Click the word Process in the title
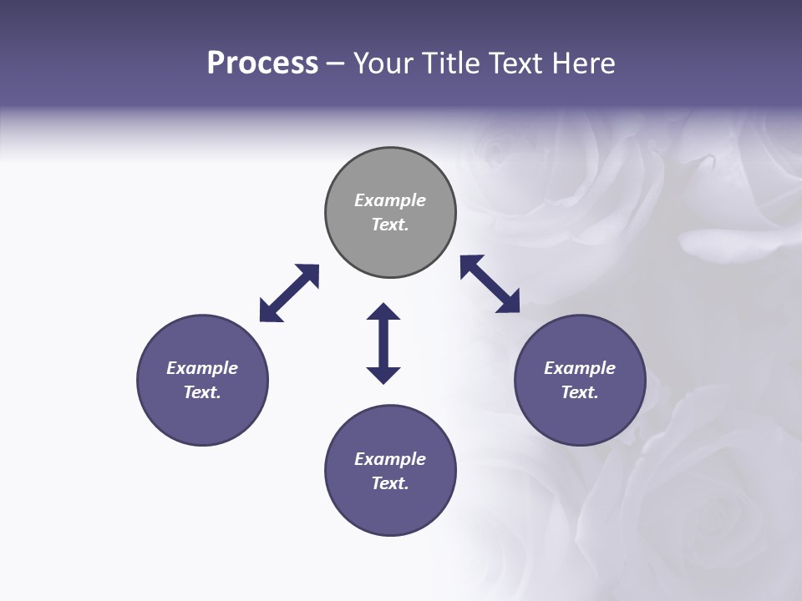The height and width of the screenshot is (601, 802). point(262,63)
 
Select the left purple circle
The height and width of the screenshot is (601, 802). point(202,417)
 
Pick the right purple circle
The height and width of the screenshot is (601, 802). point(580,417)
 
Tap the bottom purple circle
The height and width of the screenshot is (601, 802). point(390,509)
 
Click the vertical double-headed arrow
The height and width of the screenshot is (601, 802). point(383,343)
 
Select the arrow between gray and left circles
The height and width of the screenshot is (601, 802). point(289,293)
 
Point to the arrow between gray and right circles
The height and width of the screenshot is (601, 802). point(490,284)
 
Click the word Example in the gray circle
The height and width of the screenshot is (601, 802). point(390,200)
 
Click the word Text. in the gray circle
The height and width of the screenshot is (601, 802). point(390,225)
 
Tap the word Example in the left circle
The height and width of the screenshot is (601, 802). point(202,368)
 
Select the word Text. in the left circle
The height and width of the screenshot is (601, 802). point(202,392)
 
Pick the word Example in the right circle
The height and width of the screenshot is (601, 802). point(580,368)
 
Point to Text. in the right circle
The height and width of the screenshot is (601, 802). point(580,392)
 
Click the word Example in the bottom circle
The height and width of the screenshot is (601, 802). point(390,459)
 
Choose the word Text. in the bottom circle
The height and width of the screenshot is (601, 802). point(390,483)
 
